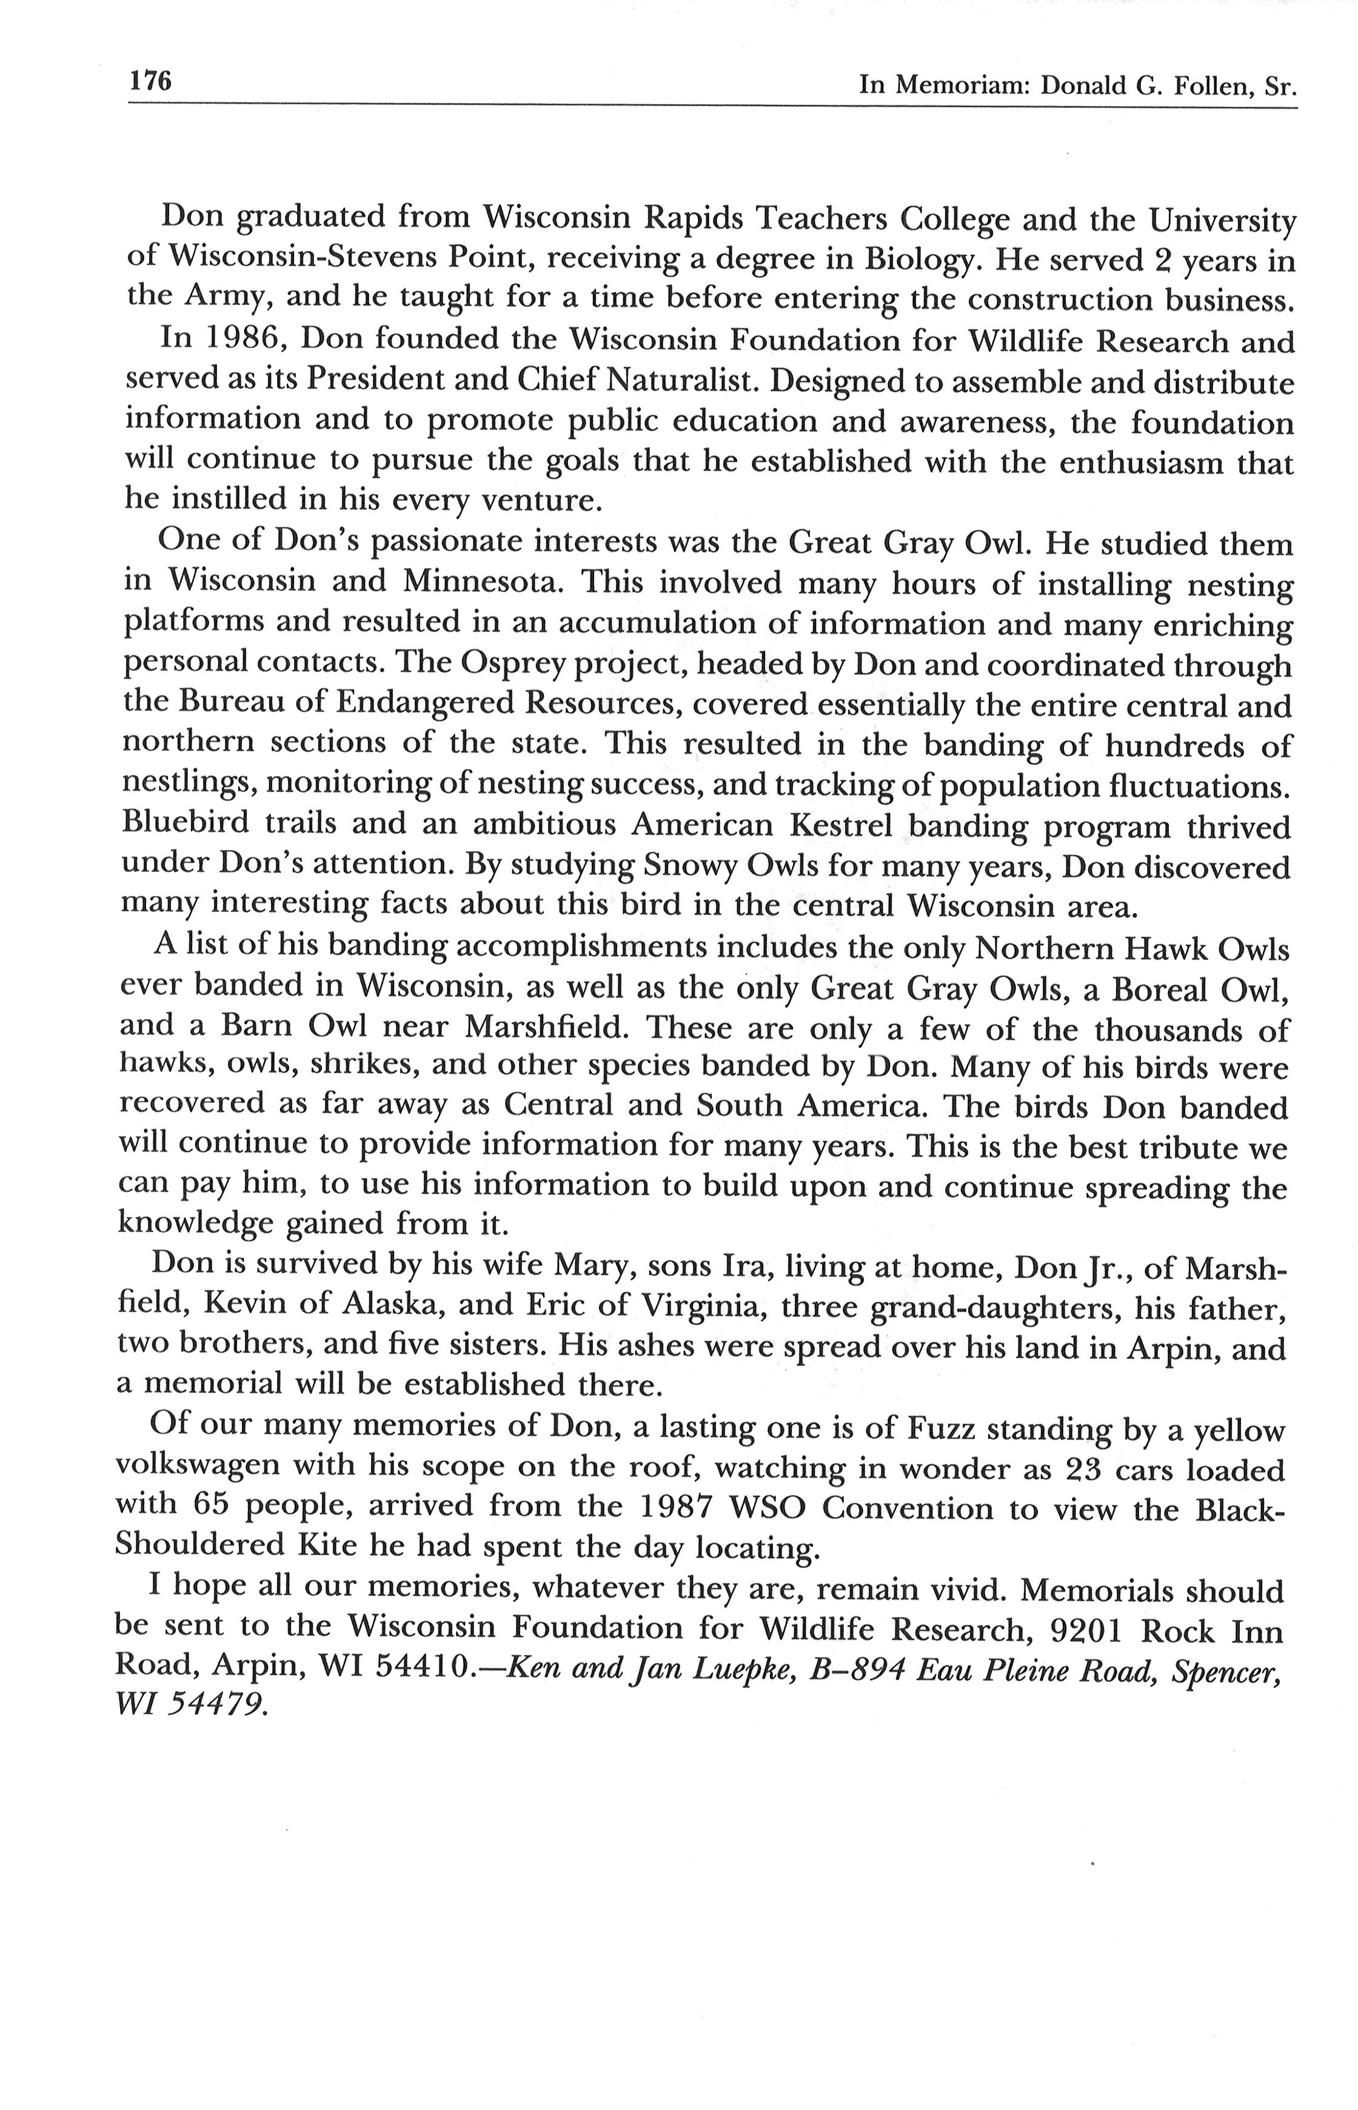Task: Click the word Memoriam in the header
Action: (966, 85)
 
